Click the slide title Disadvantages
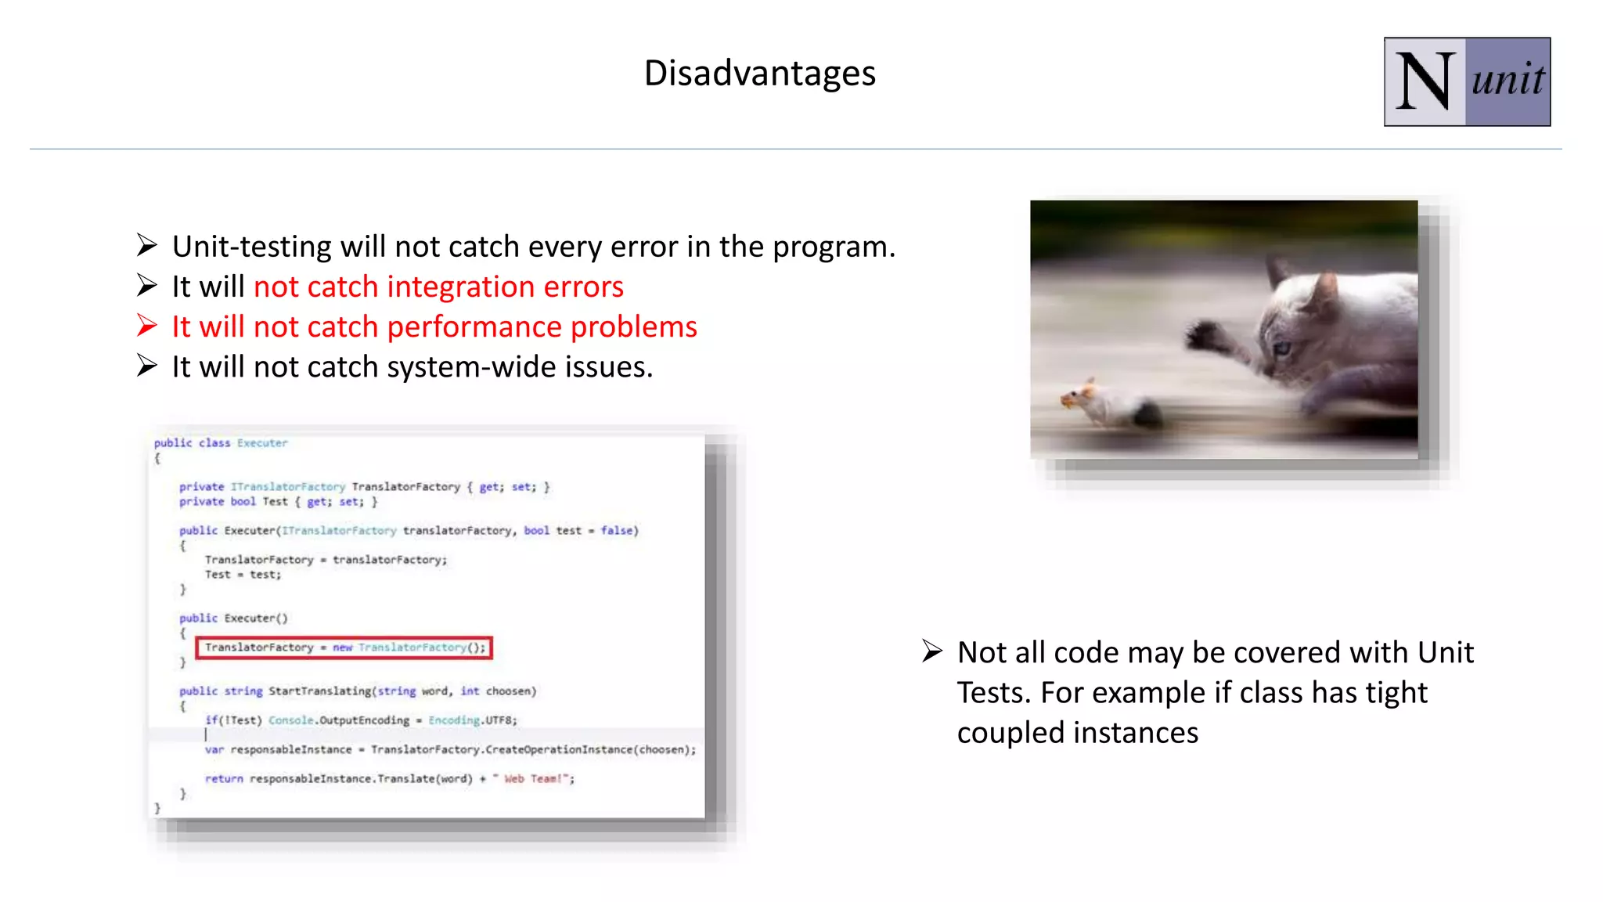pos(759,73)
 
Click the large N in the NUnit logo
pos(1425,82)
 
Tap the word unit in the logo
pos(1508,81)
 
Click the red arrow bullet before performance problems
pos(147,325)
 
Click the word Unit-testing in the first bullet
pos(251,247)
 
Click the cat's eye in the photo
pos(1282,348)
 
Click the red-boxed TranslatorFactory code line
pos(344,648)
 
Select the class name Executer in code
pos(262,443)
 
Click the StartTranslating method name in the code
pos(320,691)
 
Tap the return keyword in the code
pos(224,778)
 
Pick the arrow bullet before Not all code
pos(931,651)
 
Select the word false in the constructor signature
pos(617,530)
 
